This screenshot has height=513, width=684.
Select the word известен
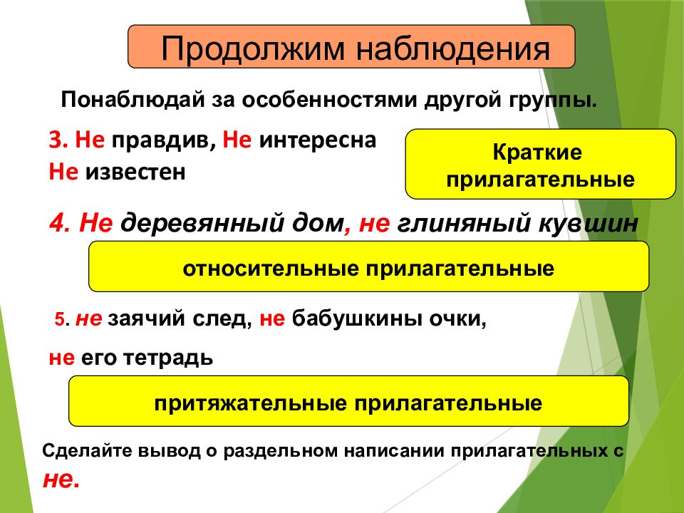click(135, 172)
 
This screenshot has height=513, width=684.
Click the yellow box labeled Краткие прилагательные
click(540, 164)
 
